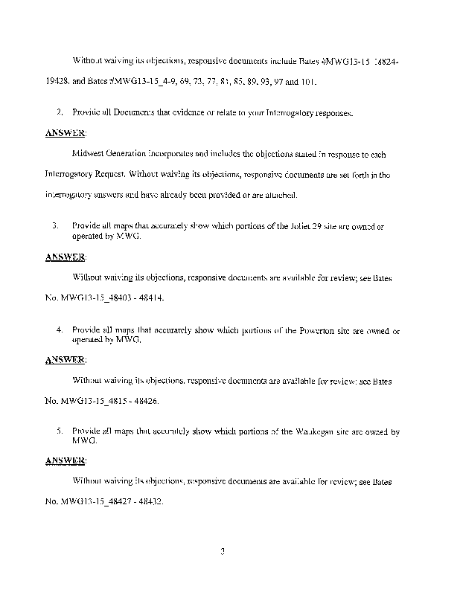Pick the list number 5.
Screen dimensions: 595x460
(x=58, y=431)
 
